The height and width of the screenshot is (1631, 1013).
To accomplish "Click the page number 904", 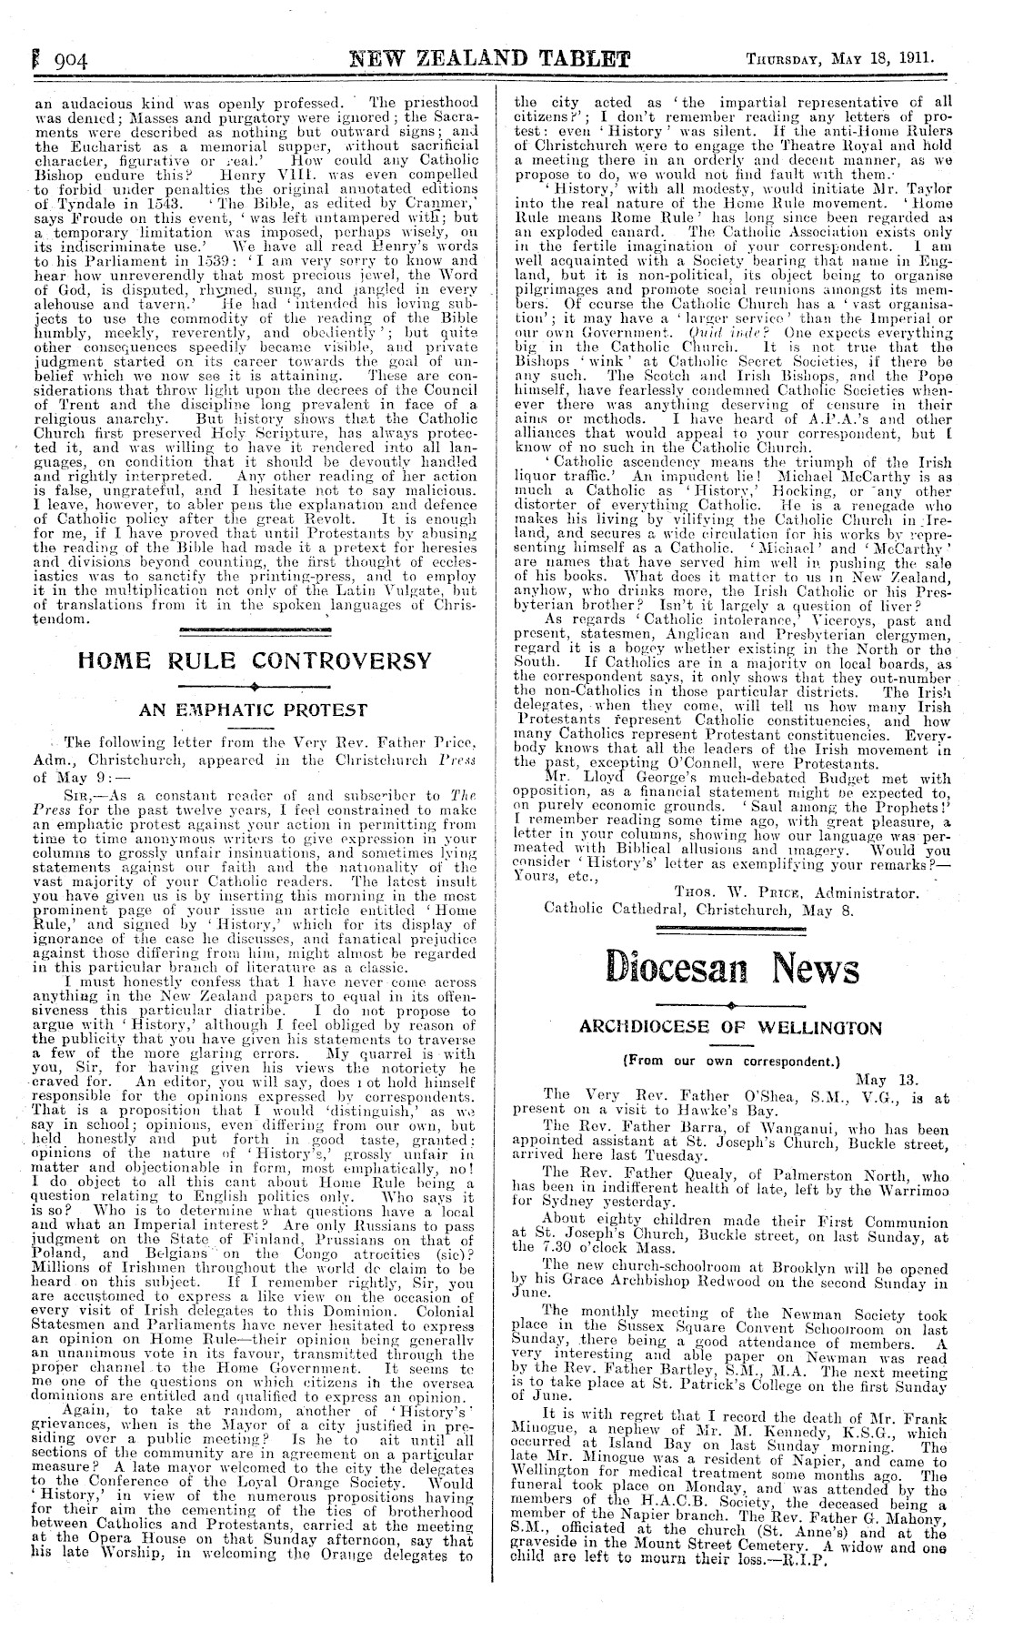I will pos(64,61).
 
